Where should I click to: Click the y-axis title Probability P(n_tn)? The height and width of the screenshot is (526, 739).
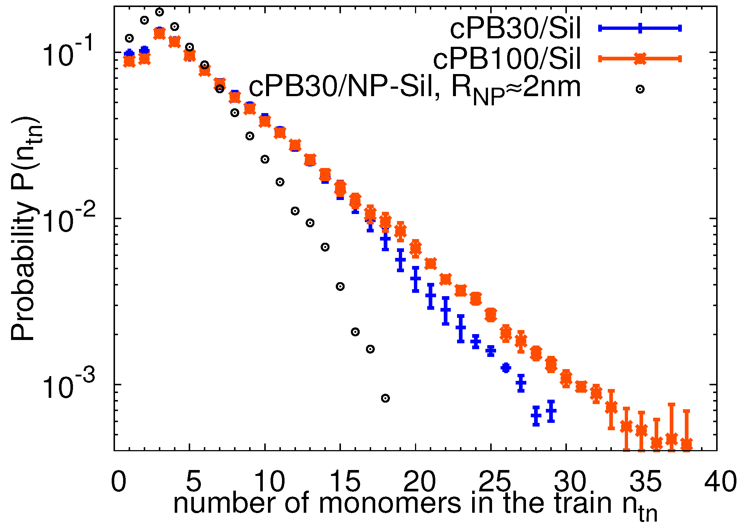pyautogui.click(x=25, y=228)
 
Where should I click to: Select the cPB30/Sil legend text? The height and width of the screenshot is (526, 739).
pyautogui.click(x=515, y=29)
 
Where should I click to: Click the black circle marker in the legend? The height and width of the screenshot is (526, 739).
pyautogui.click(x=640, y=89)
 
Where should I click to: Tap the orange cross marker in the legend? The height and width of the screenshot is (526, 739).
pyautogui.click(x=640, y=59)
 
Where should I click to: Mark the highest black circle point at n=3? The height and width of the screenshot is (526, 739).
pyautogui.click(x=159, y=12)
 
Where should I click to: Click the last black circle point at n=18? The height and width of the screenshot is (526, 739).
pyautogui.click(x=385, y=398)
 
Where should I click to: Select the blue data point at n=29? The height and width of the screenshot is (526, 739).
pyautogui.click(x=551, y=411)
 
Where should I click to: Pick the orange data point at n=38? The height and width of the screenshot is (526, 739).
pyautogui.click(x=686, y=443)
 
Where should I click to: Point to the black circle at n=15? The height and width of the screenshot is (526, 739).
pyautogui.click(x=340, y=287)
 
